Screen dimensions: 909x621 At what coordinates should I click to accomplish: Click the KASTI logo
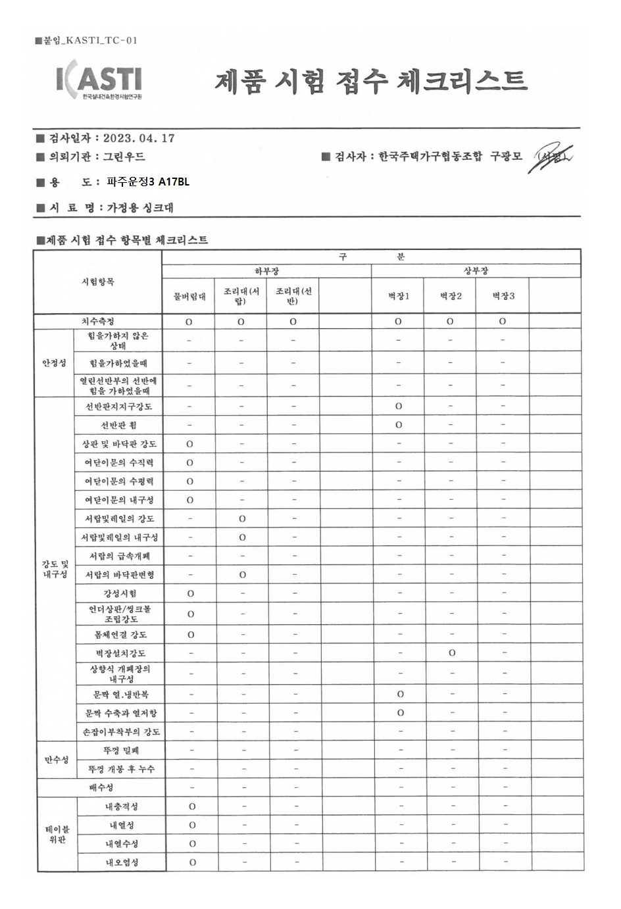pyautogui.click(x=99, y=81)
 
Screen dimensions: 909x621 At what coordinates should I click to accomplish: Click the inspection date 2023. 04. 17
pyautogui.click(x=139, y=138)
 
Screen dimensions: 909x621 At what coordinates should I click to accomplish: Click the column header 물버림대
pyautogui.click(x=189, y=296)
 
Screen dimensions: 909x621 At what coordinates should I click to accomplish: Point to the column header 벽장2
pyautogui.click(x=451, y=296)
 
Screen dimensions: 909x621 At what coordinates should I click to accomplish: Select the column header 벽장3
pyautogui.click(x=503, y=296)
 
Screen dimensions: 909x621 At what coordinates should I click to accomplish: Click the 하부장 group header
pyautogui.click(x=266, y=271)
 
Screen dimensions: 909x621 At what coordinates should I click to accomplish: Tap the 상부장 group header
pyautogui.click(x=476, y=271)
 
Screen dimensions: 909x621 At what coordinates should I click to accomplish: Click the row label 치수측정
pyautogui.click(x=97, y=322)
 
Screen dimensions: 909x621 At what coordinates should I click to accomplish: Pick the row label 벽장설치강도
pyautogui.click(x=120, y=653)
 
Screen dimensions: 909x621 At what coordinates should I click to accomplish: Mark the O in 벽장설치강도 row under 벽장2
pyautogui.click(x=451, y=653)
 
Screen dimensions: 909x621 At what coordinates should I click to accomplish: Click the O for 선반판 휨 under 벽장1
pyautogui.click(x=399, y=425)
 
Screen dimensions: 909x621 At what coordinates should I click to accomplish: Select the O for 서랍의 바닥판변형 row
pyautogui.click(x=242, y=575)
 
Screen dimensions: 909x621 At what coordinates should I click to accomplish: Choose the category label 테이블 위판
pyautogui.click(x=57, y=834)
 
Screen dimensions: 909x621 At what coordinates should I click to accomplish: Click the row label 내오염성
pyautogui.click(x=122, y=862)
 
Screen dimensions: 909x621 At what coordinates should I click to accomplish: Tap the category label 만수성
pyautogui.click(x=57, y=760)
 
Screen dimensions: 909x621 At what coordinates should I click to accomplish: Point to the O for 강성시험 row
pyautogui.click(x=191, y=593)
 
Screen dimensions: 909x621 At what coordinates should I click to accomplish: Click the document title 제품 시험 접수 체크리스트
pyautogui.click(x=370, y=82)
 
